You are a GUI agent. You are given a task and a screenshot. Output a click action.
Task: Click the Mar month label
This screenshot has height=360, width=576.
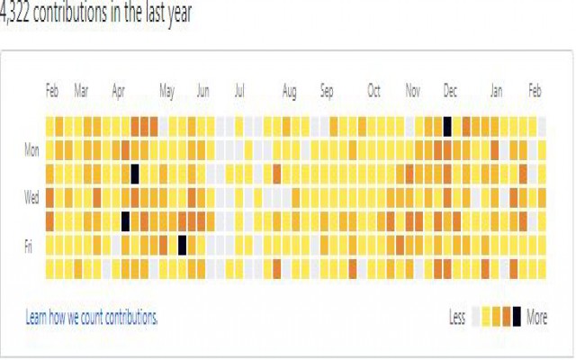[x=81, y=91]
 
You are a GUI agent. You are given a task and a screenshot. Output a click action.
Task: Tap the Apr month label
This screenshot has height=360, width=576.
[x=119, y=91]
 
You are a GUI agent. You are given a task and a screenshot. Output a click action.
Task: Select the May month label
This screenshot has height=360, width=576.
[x=166, y=91]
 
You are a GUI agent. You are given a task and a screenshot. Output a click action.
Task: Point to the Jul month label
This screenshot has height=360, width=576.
[x=239, y=91]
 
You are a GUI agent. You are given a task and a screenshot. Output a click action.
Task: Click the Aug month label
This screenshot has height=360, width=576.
[x=289, y=91]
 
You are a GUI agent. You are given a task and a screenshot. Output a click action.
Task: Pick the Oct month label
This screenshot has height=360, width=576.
[x=373, y=91]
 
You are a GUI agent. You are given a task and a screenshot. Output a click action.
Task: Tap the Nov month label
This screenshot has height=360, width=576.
[x=412, y=91]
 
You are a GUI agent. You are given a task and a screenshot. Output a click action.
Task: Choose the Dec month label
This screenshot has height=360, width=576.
[x=450, y=91]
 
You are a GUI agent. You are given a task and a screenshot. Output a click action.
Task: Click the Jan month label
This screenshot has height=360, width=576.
[x=497, y=91]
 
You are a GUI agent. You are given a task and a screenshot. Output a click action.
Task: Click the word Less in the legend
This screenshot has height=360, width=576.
[x=458, y=317]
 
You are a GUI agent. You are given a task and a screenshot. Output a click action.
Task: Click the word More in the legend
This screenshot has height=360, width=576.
[x=536, y=317]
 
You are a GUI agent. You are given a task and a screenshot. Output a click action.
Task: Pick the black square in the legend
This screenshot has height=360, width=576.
[x=517, y=316]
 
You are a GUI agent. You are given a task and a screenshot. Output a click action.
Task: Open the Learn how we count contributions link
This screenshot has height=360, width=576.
[x=92, y=317]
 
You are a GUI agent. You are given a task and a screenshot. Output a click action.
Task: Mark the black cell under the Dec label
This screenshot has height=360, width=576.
[x=447, y=126]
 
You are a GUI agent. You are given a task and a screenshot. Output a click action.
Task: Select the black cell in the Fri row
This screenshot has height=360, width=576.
[x=182, y=243]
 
